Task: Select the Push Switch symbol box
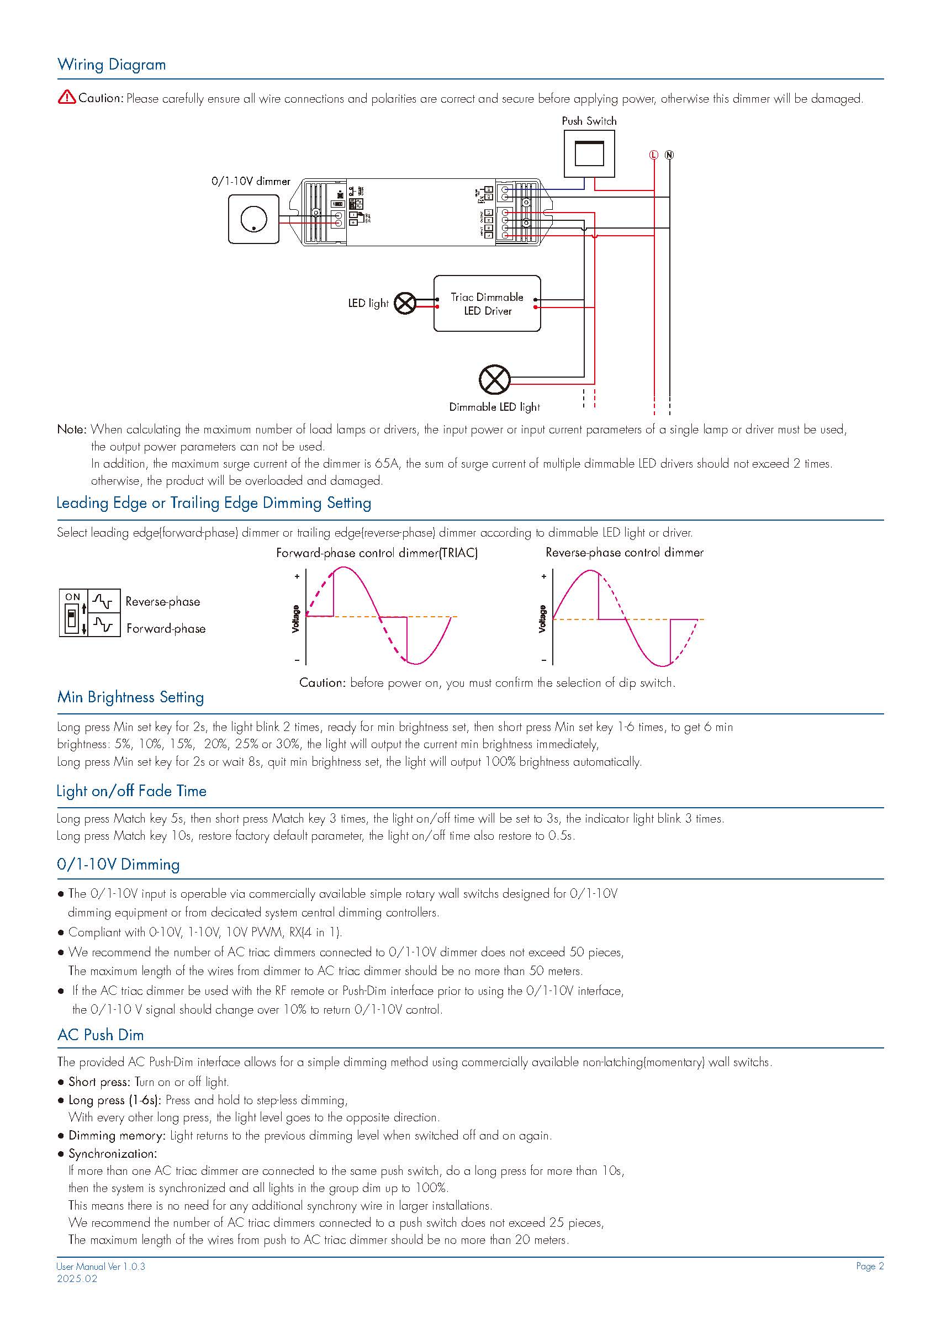589,153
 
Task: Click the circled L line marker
654,155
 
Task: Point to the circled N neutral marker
669,155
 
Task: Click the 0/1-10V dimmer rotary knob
253,220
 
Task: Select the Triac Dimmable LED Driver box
487,304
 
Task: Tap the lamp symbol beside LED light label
405,304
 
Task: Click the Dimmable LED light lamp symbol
495,379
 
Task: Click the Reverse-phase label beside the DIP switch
163,602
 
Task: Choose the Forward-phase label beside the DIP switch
166,628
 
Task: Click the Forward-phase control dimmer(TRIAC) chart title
377,553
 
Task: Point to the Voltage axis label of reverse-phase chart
542,619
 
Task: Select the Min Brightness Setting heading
130,697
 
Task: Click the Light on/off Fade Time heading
131,791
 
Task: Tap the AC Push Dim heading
101,1035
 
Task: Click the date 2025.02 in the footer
77,1279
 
